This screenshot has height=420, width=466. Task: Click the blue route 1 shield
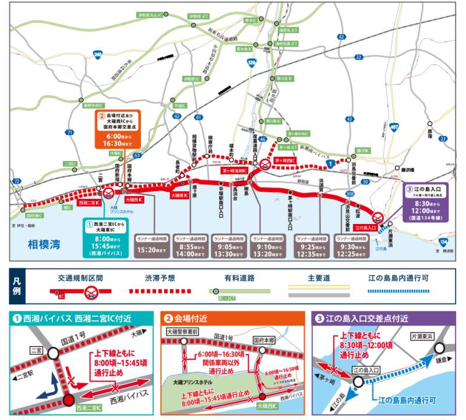330,166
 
